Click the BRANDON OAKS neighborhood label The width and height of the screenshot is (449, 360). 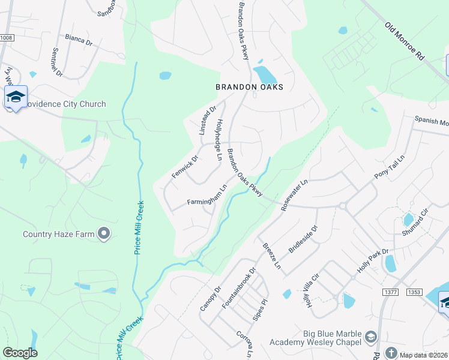click(249, 87)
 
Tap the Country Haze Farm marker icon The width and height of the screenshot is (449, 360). click(105, 233)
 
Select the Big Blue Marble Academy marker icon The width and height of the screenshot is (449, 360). click(370, 335)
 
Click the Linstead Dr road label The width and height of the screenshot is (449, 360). click(207, 121)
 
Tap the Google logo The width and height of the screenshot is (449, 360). click(20, 353)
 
